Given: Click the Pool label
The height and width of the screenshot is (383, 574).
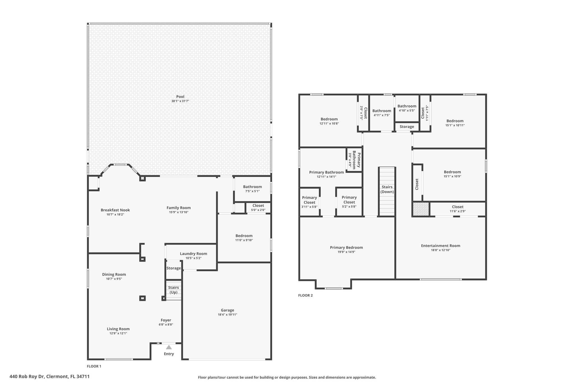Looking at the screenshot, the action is [x=180, y=97].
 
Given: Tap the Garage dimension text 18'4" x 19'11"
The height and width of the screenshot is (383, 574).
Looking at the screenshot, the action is [x=227, y=315].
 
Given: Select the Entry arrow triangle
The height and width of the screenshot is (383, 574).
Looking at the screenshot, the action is [x=169, y=347].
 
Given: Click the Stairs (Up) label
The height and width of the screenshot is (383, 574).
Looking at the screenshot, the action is [x=173, y=290].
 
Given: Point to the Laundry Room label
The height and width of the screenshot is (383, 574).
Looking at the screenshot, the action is [x=193, y=254].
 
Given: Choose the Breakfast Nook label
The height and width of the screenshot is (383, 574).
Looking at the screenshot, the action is [x=115, y=210].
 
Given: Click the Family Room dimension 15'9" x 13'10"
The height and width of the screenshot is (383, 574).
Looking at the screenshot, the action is [x=179, y=212].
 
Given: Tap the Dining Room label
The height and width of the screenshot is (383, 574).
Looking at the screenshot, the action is [x=114, y=274].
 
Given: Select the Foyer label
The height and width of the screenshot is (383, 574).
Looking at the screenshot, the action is [x=166, y=320].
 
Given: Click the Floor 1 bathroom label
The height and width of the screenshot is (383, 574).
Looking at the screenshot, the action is [x=253, y=187].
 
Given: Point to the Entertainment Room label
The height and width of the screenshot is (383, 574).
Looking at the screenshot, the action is [x=441, y=246].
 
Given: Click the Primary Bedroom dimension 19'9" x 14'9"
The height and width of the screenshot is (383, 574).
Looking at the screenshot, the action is [x=346, y=252].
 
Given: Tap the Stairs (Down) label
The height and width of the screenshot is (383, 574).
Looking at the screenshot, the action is [x=387, y=189].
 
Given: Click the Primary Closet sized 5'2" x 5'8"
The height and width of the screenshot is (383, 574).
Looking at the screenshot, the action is [x=349, y=202].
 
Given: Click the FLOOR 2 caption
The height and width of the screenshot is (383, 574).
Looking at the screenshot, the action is [x=305, y=295].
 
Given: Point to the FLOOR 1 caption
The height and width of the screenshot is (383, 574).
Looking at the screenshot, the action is [x=94, y=366].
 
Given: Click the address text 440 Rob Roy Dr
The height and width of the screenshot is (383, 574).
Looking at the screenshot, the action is [x=27, y=376].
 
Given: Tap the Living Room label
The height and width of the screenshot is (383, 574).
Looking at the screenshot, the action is [x=118, y=329].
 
